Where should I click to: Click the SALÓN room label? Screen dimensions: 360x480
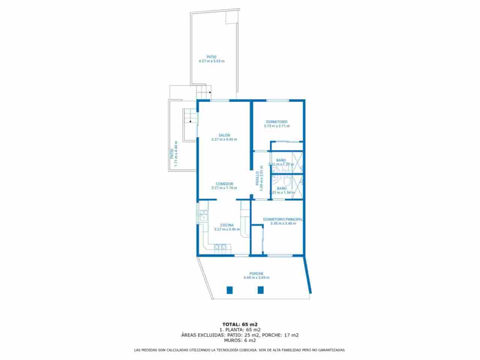[x=224, y=135]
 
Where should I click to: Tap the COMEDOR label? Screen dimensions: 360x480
[x=224, y=184]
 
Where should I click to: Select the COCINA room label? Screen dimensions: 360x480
[x=226, y=225]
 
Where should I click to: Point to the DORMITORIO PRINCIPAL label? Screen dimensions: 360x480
[x=283, y=219]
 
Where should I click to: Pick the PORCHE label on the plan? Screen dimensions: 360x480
[x=256, y=273]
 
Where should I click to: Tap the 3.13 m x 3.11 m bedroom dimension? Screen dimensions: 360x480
[x=277, y=126]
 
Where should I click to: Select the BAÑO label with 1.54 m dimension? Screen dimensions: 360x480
[x=282, y=188]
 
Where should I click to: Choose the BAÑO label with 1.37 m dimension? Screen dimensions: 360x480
[x=281, y=160]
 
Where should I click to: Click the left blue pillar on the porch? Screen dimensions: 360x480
[x=229, y=289]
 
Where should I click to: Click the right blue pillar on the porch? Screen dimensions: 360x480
[x=260, y=289]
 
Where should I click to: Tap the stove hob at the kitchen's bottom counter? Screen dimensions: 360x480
[x=220, y=247]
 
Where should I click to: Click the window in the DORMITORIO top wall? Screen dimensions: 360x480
[x=277, y=100]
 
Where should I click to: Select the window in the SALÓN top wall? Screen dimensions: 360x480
[x=219, y=100]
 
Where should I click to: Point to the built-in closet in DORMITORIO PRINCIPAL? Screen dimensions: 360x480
[x=257, y=239]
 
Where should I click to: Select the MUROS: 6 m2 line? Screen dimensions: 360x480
[x=240, y=340]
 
